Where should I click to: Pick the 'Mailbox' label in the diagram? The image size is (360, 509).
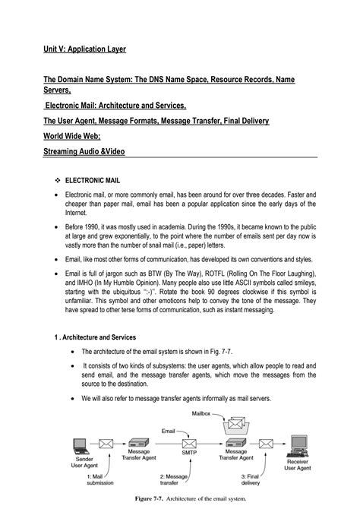(201, 414)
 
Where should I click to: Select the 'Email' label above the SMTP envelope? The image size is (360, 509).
(170, 431)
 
